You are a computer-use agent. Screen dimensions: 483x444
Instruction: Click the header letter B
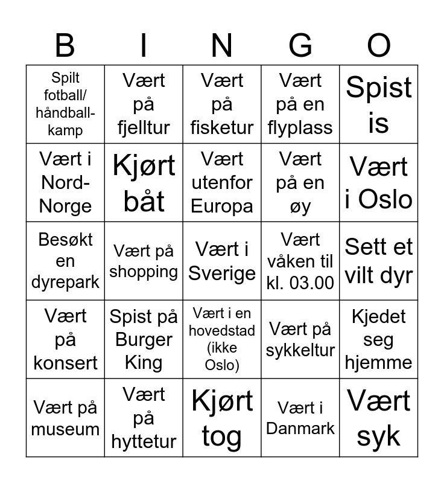[x=65, y=45]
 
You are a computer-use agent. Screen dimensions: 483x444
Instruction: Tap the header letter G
[x=300, y=45]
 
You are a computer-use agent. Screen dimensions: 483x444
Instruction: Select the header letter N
[x=222, y=45]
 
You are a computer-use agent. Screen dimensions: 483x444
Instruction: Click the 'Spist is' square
[x=379, y=104]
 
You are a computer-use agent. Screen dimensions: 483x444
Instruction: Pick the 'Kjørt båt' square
[x=144, y=183]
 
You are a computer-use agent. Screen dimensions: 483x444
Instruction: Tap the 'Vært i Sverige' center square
[x=222, y=261]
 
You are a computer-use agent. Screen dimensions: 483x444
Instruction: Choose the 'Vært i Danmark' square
[x=300, y=418]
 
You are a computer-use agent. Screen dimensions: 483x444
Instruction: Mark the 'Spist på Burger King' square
[x=144, y=340]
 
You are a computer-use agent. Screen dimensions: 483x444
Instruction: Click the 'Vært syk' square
[x=379, y=418]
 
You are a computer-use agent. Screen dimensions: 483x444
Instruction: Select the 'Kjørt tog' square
[x=222, y=418]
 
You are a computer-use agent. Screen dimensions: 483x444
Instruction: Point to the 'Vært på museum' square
[x=65, y=418]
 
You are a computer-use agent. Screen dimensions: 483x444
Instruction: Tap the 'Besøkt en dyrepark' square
[x=65, y=261]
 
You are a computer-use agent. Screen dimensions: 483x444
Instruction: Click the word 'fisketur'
[x=222, y=128]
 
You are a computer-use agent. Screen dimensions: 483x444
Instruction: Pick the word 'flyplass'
[x=300, y=128]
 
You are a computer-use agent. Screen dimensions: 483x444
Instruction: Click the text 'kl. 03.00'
[x=300, y=283]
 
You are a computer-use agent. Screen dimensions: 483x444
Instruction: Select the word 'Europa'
[x=222, y=206]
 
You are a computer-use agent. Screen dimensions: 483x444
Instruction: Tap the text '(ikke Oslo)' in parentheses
[x=222, y=356]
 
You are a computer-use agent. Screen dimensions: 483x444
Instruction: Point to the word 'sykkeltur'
[x=300, y=350]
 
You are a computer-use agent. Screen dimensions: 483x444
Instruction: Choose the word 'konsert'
[x=65, y=363]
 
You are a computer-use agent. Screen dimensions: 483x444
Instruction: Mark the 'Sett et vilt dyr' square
[x=379, y=261]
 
